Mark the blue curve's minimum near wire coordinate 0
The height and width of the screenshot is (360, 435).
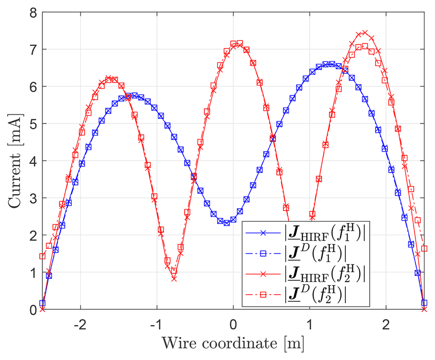point(227,223)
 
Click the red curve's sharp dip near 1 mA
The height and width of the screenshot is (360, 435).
point(174,278)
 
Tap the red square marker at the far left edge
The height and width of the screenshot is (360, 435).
point(43,256)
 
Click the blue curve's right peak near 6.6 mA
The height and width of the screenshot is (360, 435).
point(328,64)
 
